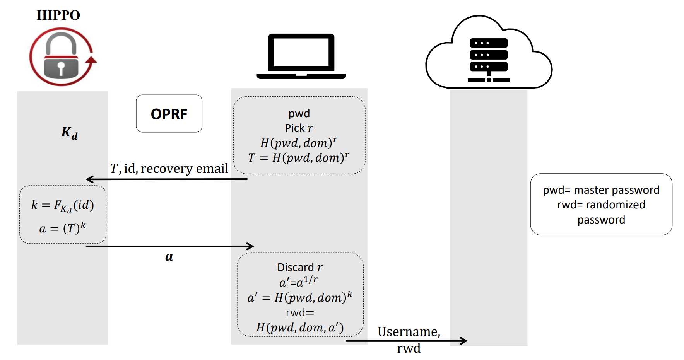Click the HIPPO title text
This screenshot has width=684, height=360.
click(x=58, y=15)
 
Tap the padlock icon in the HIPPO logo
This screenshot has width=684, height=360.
click(x=61, y=56)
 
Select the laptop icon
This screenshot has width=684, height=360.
click(x=301, y=56)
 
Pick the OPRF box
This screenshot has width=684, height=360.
click(x=169, y=114)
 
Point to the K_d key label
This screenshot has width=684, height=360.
click(x=70, y=133)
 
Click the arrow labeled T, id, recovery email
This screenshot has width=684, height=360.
click(x=166, y=179)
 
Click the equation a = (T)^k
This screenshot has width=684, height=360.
click(x=63, y=228)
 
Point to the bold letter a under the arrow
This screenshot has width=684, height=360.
click(x=169, y=257)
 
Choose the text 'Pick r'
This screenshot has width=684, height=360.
click(x=299, y=128)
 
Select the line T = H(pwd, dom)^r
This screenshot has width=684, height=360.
click(x=299, y=158)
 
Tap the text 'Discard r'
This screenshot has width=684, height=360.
click(x=299, y=267)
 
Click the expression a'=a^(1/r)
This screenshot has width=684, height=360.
click(x=298, y=282)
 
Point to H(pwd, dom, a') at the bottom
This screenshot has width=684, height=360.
click(x=300, y=328)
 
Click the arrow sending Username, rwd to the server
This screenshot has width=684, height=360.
click(x=406, y=341)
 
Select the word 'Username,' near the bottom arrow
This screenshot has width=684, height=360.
click(x=409, y=332)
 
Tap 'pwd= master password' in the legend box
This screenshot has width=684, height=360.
click(x=601, y=190)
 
